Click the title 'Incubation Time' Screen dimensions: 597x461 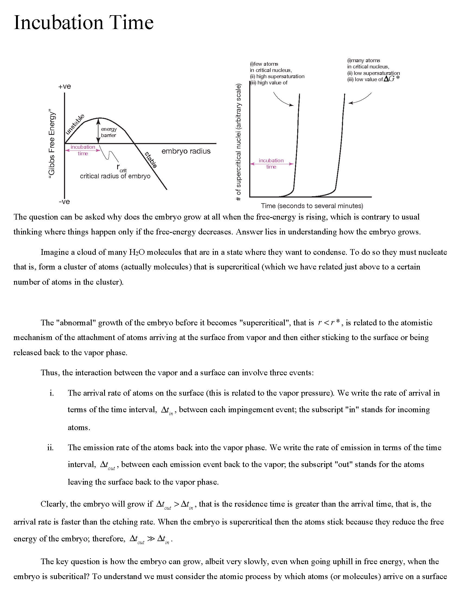point(84,23)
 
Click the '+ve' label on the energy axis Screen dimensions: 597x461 point(65,86)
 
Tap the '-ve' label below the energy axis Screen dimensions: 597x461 point(64,202)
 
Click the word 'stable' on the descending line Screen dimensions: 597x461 point(151,160)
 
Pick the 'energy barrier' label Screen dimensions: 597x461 point(109,132)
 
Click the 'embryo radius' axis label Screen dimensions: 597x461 point(186,151)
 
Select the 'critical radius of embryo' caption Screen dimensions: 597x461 point(115,176)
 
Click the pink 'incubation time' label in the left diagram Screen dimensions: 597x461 point(83,150)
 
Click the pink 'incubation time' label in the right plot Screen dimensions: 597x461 point(271,163)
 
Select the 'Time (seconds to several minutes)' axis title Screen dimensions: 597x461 point(312,206)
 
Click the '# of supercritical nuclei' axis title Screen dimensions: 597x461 point(238,142)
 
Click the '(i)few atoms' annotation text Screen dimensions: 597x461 point(264,64)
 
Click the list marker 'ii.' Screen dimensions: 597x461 point(50,448)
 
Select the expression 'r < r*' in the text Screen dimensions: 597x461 point(329,323)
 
